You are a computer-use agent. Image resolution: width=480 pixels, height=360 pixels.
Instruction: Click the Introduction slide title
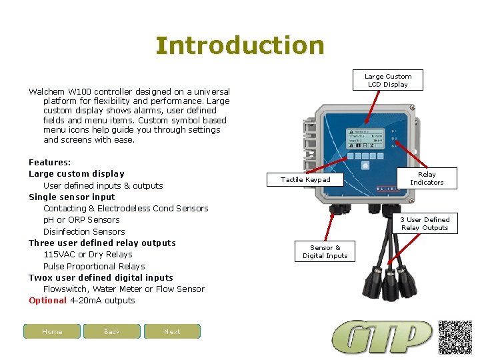[x=240, y=45]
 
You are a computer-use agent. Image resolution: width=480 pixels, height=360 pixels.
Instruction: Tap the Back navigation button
[x=112, y=331]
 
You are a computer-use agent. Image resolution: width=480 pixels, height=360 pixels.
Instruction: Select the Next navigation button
[x=172, y=331]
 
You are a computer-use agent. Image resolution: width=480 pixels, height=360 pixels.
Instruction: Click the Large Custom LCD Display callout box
[x=388, y=81]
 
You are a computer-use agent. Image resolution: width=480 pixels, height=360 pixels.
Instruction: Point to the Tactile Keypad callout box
[x=305, y=179]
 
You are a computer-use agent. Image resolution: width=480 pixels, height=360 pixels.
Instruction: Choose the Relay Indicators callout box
[x=427, y=178]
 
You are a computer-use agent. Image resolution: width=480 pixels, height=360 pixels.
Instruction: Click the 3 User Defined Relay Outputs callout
[x=425, y=223]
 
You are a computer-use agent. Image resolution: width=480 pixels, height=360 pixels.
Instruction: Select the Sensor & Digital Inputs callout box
[x=325, y=251]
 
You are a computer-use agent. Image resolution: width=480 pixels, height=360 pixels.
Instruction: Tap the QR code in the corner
[x=455, y=337]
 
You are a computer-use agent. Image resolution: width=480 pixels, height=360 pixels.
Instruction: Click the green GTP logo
[x=383, y=337]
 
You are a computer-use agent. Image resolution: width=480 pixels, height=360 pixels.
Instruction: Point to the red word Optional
[x=48, y=301]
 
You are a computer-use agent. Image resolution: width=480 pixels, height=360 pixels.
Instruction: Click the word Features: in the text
[x=50, y=163]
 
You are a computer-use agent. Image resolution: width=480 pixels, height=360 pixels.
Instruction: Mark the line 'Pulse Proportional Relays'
[x=94, y=267]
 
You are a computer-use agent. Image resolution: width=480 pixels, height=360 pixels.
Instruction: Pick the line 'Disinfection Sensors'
[x=84, y=232]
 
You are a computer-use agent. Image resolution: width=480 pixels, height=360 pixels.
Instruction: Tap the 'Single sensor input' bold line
[x=72, y=197]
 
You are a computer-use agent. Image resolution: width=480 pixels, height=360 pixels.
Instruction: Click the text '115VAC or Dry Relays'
[x=88, y=255]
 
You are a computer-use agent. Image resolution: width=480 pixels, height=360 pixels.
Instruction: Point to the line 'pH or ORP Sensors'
[x=81, y=220]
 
